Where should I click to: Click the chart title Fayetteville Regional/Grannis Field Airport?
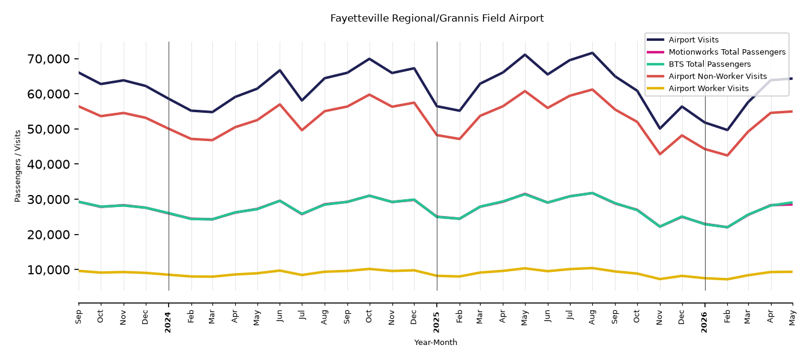point(437,19)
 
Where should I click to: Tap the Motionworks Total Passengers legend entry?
point(716,52)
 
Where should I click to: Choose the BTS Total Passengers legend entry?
point(698,64)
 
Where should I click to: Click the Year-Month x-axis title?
point(436,342)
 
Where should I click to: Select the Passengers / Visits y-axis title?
point(18,166)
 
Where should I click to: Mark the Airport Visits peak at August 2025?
point(592,53)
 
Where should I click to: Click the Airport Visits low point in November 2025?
point(660,128)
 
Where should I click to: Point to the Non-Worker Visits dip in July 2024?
point(302,130)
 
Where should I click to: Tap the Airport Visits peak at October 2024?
point(369,59)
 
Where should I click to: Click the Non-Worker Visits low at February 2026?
point(727,155)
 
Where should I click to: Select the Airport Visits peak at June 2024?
point(280,70)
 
